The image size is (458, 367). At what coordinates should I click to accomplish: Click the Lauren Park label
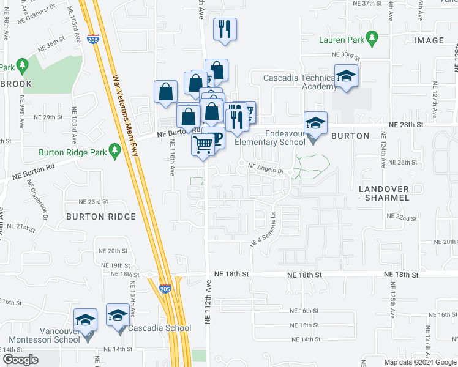(x=341, y=40)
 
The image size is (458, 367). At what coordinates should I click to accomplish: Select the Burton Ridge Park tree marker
(x=114, y=150)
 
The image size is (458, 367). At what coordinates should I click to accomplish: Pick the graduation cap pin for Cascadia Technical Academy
(x=346, y=76)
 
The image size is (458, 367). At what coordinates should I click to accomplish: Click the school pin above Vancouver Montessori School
(x=86, y=319)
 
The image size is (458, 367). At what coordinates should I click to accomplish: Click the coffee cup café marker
(x=215, y=138)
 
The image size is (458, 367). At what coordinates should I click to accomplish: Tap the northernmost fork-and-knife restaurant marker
(x=225, y=29)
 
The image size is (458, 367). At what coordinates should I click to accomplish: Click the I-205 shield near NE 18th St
(x=165, y=289)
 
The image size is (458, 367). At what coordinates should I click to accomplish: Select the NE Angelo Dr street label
(x=266, y=168)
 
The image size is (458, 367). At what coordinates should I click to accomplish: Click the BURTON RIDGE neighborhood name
(x=100, y=217)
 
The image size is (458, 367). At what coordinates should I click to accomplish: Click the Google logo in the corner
(x=20, y=360)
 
